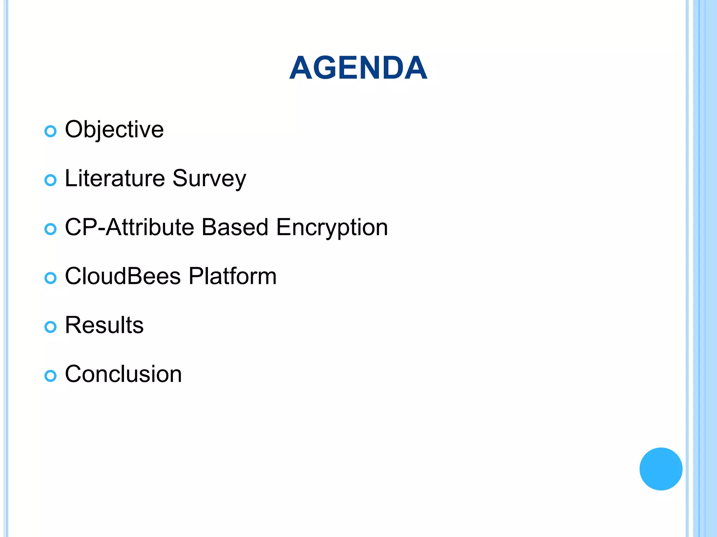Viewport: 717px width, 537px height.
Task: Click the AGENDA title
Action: (x=358, y=68)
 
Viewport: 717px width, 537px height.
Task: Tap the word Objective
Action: (x=114, y=130)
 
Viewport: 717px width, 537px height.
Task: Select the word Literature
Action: (x=115, y=178)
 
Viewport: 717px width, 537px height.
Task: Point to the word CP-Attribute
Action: (x=129, y=227)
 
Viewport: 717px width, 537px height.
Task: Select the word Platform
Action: (x=232, y=276)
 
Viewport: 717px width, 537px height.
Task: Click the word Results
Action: (x=104, y=325)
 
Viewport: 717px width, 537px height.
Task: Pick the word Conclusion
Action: (x=123, y=374)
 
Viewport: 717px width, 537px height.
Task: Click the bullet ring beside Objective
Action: (x=50, y=131)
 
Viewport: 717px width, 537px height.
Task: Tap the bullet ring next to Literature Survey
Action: (x=50, y=180)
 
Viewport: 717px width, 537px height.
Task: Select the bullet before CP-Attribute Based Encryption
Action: (x=50, y=229)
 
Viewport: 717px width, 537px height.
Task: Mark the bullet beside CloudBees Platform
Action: (x=50, y=278)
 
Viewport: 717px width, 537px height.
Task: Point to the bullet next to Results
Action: (x=50, y=327)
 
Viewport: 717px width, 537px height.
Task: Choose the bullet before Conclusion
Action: (x=50, y=376)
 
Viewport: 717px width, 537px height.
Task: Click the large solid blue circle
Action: (x=661, y=469)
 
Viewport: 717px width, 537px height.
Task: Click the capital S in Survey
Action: (x=181, y=178)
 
